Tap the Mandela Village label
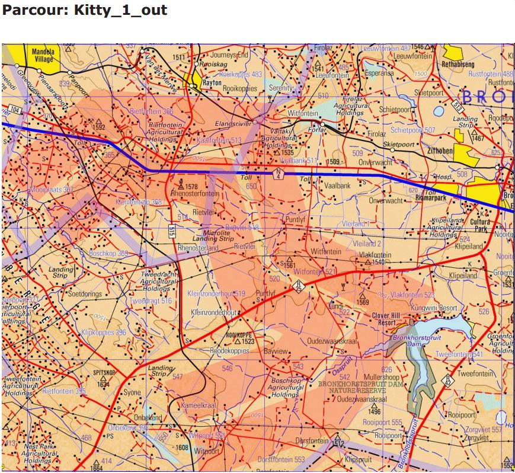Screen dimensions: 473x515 [x=43, y=56]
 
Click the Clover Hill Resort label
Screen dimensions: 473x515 [x=388, y=319]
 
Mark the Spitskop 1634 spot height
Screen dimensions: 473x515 [x=103, y=379]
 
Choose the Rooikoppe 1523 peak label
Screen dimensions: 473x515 [x=239, y=338]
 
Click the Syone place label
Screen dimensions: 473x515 [x=132, y=392]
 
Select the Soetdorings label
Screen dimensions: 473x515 [x=85, y=294]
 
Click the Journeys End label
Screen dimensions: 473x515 [x=229, y=55]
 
